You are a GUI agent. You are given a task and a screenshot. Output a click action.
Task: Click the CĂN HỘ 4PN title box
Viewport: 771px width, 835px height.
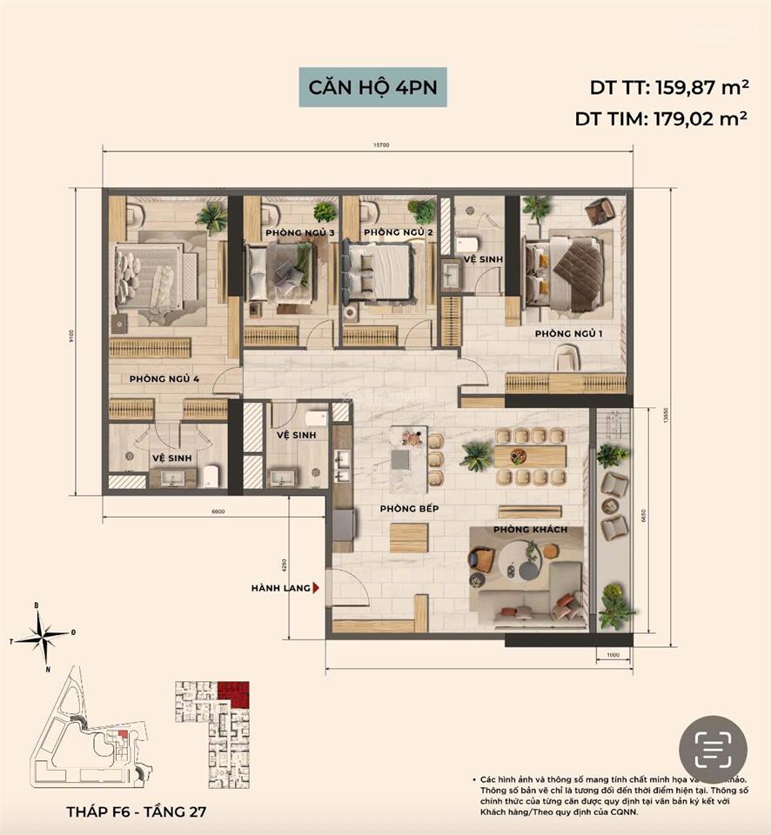pos(372,87)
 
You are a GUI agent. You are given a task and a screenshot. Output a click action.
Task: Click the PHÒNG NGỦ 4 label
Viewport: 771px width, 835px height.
pos(164,379)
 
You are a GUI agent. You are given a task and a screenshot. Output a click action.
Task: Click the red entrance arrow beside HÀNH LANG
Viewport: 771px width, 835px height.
pos(317,589)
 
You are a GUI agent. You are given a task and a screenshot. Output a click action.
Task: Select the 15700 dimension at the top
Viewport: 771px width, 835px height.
pos(367,144)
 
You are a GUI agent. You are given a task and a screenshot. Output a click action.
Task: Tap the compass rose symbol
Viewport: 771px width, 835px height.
pos(42,638)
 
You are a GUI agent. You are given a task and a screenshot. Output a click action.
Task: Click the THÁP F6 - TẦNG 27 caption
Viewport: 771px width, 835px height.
pos(137,812)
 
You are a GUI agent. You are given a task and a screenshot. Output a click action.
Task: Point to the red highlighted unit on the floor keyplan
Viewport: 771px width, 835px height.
pos(233,693)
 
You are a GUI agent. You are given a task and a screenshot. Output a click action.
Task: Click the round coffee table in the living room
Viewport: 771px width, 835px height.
pos(525,557)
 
